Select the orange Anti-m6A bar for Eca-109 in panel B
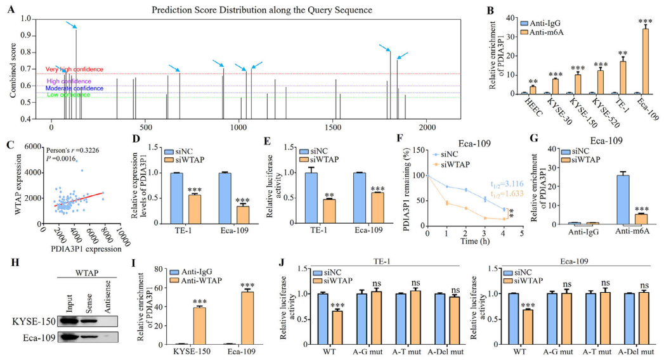coord(646,61)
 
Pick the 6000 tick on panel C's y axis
coord(33,146)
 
